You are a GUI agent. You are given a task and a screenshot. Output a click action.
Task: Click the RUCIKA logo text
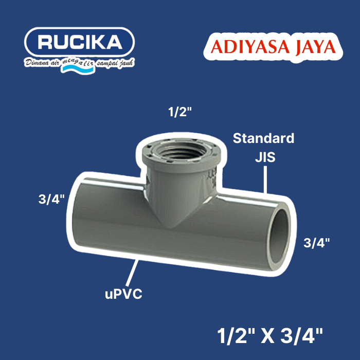[79, 43]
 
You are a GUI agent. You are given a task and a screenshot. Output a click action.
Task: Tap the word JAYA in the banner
[311, 47]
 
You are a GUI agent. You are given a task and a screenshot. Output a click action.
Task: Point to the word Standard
[263, 138]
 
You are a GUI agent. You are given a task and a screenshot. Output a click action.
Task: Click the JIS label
[264, 158]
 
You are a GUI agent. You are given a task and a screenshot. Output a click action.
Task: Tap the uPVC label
[123, 295]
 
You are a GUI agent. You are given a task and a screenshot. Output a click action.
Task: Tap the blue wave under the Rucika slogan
[75, 70]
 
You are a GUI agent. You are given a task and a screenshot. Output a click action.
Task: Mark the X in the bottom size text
[274, 337]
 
